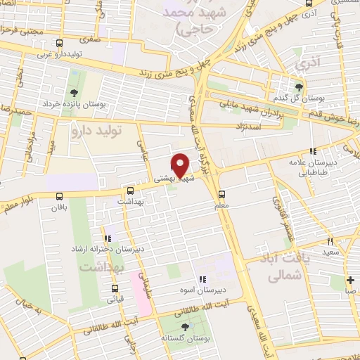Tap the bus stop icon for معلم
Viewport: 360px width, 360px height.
[x=222, y=195]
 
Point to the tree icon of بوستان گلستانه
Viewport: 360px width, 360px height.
[x=185, y=327]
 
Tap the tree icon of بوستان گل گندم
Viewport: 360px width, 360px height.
[x=300, y=87]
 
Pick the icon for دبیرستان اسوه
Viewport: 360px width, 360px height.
[x=203, y=279]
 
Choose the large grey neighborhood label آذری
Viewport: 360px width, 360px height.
[x=307, y=64]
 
